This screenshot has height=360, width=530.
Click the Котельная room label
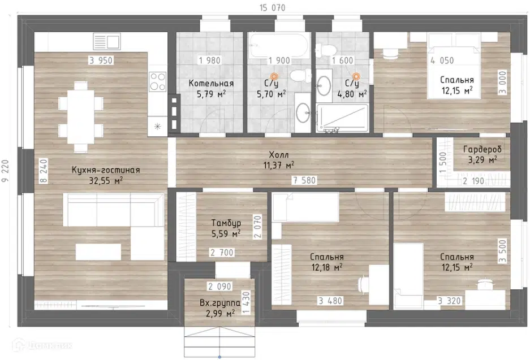211,83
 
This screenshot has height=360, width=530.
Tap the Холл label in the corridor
279,155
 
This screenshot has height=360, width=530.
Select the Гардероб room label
482,149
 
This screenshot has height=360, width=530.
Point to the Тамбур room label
226,223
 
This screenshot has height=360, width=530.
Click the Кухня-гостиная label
106,170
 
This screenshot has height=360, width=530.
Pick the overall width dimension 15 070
273,8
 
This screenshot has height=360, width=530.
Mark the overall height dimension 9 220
6,171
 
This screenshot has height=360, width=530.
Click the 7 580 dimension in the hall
304,180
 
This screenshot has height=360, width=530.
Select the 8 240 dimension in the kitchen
44,171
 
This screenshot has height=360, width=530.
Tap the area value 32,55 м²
106,180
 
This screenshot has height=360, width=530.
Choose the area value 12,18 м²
327,267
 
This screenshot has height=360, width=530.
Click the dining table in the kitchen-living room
81,117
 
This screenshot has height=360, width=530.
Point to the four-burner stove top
157,81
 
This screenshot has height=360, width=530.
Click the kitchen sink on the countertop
107,41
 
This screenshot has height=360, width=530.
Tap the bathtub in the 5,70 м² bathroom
279,46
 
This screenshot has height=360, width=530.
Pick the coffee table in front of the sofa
98,252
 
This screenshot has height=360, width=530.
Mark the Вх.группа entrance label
220,303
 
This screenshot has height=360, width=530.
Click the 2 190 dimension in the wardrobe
473,181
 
